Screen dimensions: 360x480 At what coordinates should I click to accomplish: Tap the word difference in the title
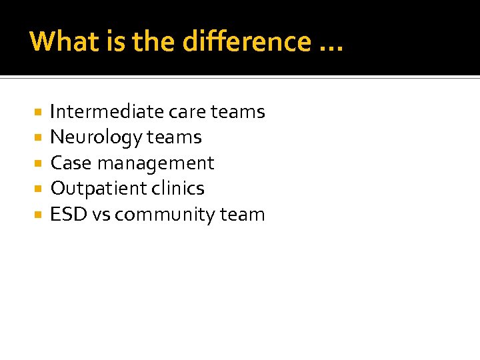pos(246,41)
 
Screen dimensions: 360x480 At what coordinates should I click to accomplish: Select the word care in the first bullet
pos(187,112)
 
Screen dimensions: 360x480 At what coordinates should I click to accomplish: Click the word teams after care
pos(238,112)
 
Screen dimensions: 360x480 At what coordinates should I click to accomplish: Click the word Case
pos(70,163)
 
